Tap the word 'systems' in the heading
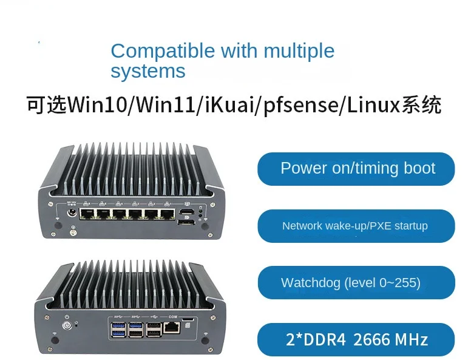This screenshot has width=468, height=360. point(148,71)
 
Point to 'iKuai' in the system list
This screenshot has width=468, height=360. point(226,105)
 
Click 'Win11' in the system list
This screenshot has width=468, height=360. point(163,105)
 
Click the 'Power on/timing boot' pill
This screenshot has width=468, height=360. point(357,168)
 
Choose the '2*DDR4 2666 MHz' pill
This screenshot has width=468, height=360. point(357,339)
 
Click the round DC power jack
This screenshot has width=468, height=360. point(72,213)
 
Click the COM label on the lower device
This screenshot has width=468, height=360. point(173,316)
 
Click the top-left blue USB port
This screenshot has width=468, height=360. point(116,324)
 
